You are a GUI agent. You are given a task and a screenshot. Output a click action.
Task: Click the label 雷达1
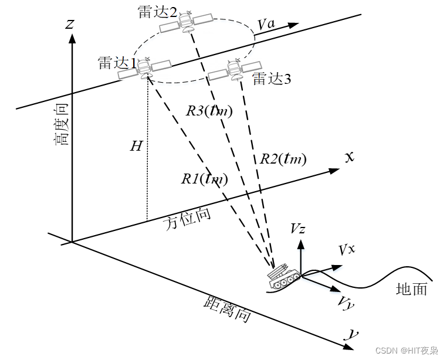pos(117,63)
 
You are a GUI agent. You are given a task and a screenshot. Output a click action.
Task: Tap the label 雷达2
pos(158,12)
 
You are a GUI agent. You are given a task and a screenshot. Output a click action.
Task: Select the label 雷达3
pos(271,79)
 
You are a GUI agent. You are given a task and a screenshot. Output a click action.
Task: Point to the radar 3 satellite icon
pos(235,70)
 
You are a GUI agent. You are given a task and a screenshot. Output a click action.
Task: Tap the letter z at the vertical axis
pos(70,23)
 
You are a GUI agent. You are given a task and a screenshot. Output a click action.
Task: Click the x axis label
pos(350,157)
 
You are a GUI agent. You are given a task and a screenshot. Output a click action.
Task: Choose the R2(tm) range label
pos(283,158)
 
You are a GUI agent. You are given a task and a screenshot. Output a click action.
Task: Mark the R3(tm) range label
pos(209,110)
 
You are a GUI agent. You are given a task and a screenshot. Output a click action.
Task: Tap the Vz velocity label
pos(298,229)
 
